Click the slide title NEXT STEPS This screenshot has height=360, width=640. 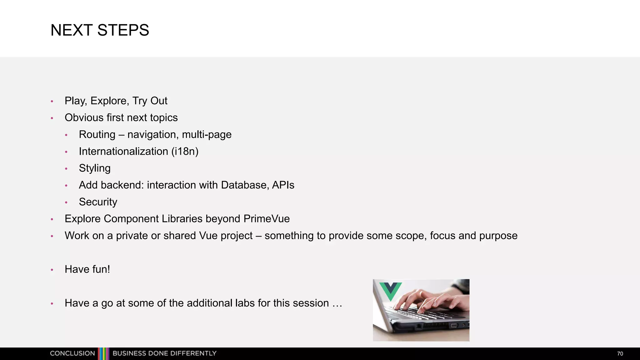[100, 30]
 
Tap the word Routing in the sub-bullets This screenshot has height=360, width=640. [97, 135]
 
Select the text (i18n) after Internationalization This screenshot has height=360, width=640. [185, 152]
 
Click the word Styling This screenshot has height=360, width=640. [94, 168]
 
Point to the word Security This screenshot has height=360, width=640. [98, 202]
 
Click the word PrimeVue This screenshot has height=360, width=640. [266, 219]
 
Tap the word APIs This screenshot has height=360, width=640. [283, 185]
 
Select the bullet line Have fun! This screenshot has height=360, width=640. [87, 269]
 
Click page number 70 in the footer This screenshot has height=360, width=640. [620, 354]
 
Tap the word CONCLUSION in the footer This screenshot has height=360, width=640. [72, 353]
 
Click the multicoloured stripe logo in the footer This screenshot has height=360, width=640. [103, 353]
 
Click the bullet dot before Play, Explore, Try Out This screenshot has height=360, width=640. [52, 101]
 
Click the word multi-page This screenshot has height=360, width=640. [207, 135]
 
